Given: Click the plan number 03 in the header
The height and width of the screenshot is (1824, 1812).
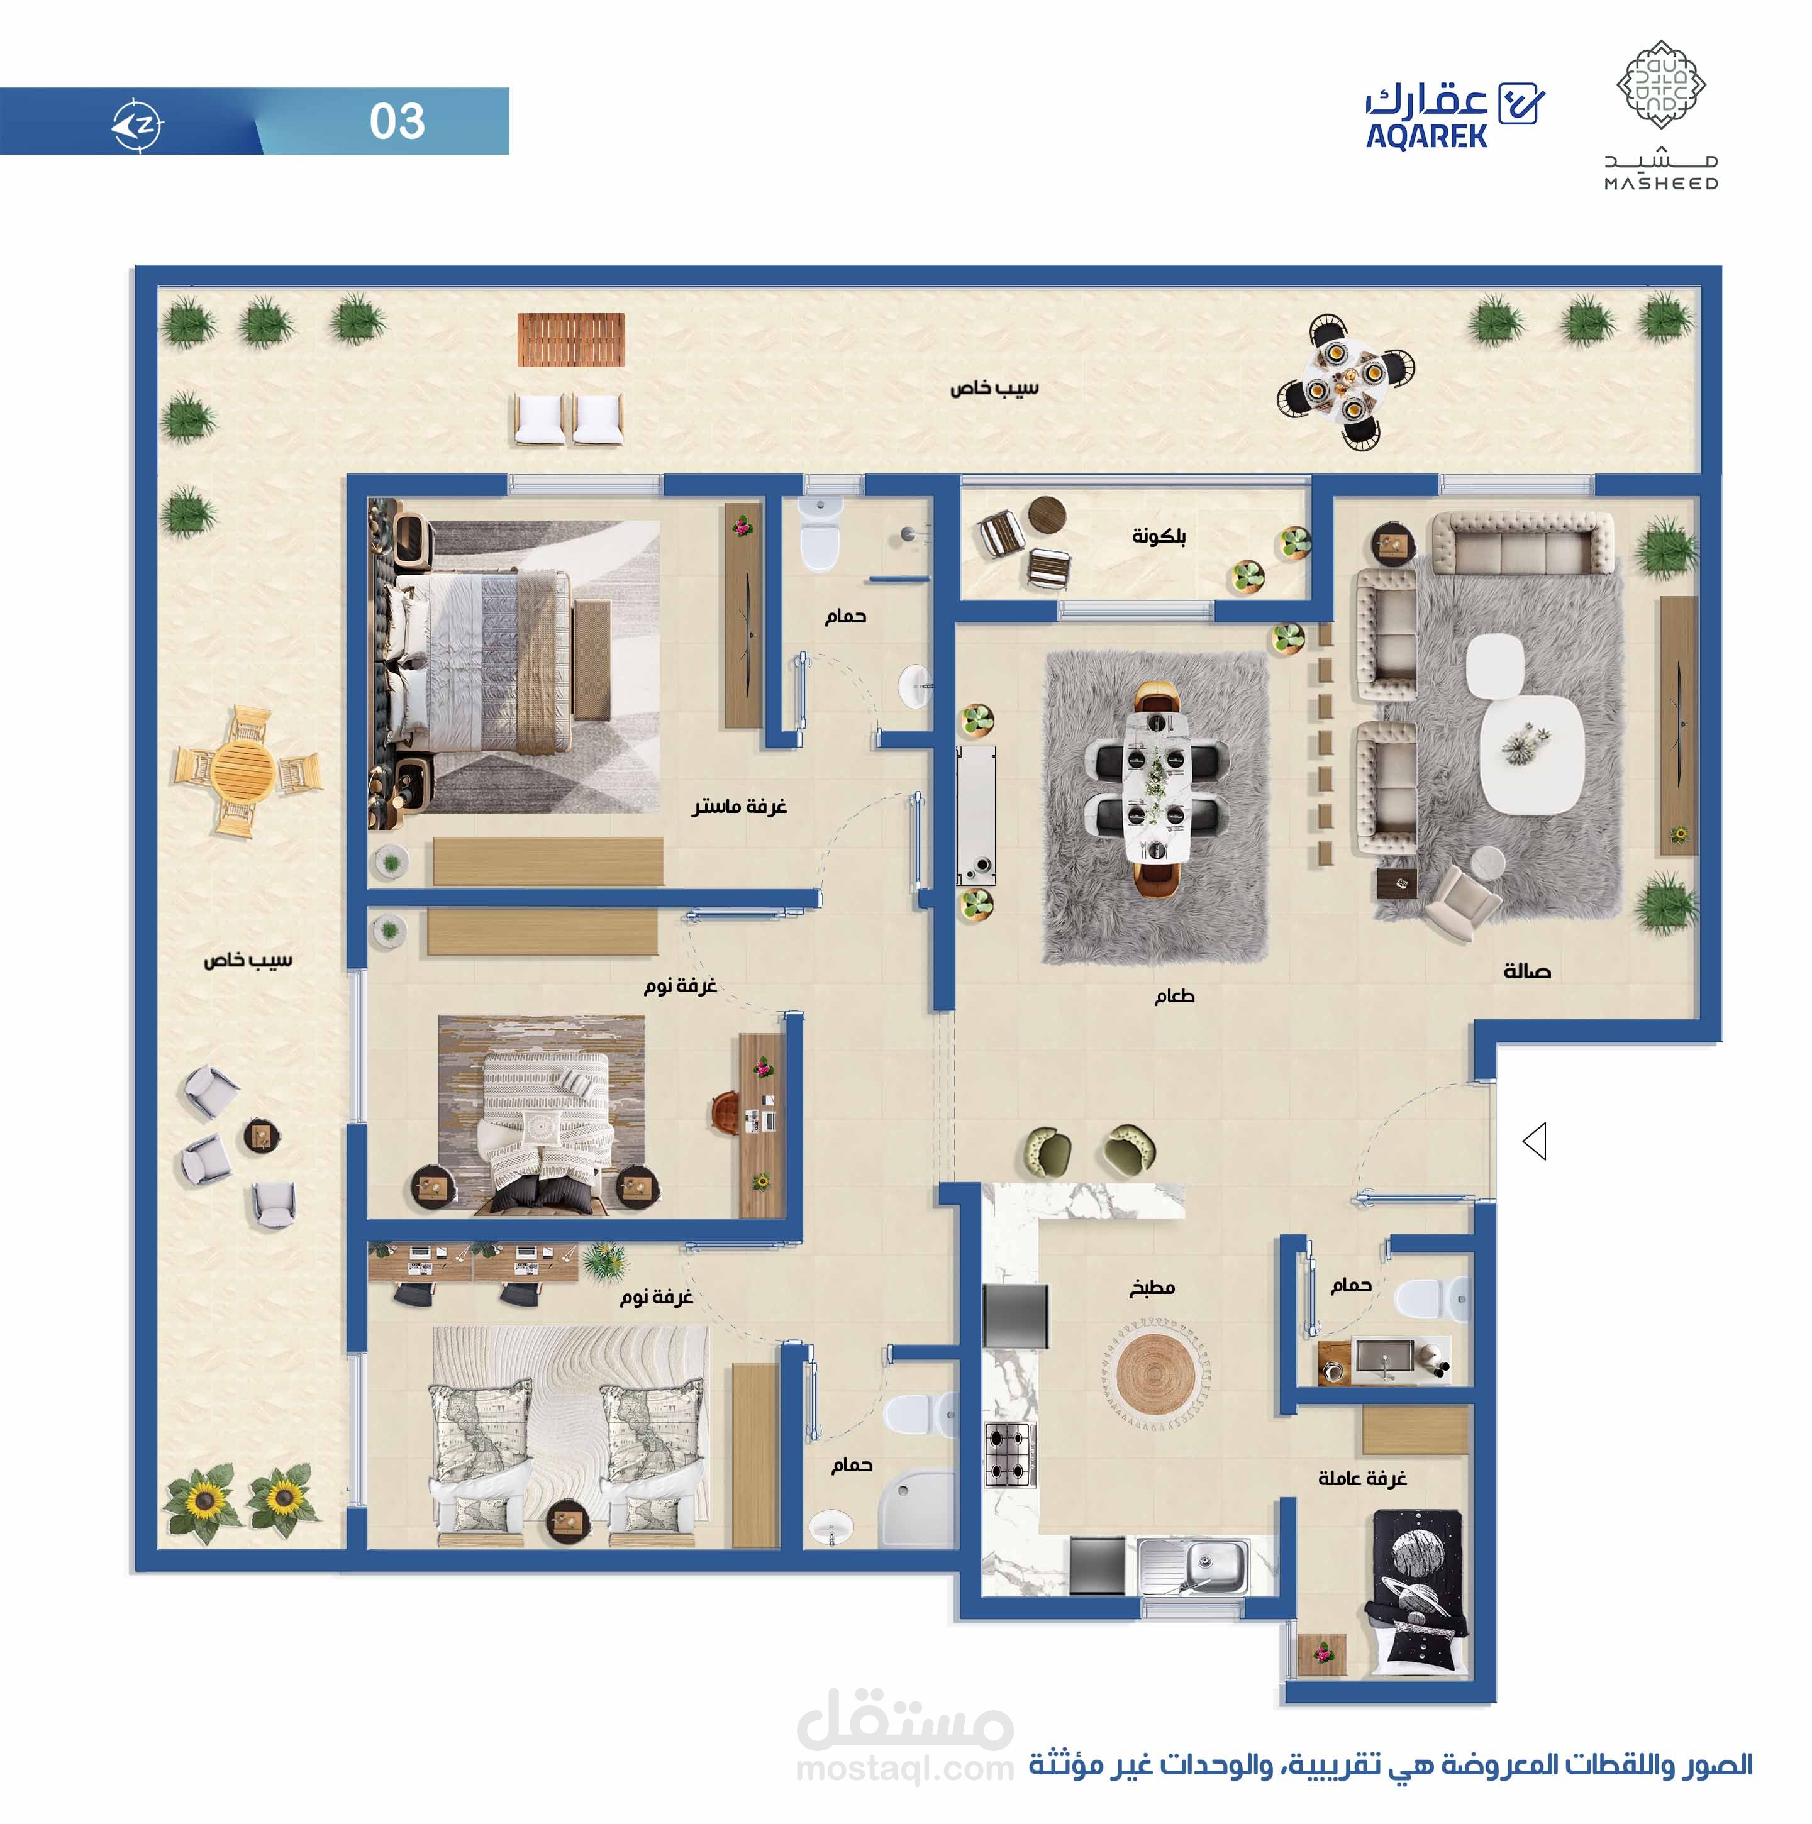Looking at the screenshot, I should coord(397,121).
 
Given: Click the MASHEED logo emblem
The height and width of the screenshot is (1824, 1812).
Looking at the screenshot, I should coord(1661,85).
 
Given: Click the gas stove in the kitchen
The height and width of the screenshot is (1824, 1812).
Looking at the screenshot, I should coord(1009,1455).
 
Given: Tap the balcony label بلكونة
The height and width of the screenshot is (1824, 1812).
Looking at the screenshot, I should coord(1159,536).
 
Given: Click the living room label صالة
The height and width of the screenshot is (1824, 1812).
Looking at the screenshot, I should coord(1526,971).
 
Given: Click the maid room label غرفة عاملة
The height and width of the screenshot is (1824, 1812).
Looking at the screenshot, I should coord(1362,1478).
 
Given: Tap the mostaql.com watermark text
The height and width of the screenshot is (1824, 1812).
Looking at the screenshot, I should coord(904,1768).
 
